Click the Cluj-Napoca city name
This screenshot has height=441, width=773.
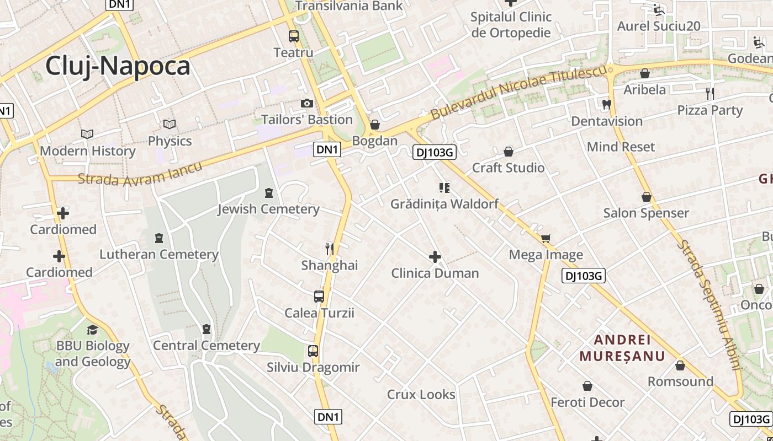tap(118, 66)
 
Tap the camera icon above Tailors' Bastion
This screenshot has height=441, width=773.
tap(307, 103)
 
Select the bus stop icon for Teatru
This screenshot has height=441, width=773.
tap(294, 36)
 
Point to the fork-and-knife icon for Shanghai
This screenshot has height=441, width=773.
tap(330, 249)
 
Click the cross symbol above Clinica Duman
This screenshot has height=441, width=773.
tap(435, 257)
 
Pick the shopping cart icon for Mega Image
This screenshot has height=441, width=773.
tap(546, 239)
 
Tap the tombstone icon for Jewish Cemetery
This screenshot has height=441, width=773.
tap(269, 193)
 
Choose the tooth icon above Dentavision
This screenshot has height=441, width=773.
tap(606, 104)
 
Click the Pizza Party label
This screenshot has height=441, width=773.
tap(710, 110)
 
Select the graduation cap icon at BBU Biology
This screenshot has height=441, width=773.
tap(92, 330)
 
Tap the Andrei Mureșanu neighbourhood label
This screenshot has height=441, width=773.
tap(622, 347)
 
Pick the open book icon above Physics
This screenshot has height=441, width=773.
tap(170, 125)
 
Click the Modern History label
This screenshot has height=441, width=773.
tap(88, 151)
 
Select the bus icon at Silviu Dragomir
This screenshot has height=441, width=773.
tap(313, 351)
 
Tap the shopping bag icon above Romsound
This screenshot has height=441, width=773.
tap(680, 365)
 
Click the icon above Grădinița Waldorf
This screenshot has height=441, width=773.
tap(444, 188)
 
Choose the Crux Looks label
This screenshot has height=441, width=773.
tap(421, 395)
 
